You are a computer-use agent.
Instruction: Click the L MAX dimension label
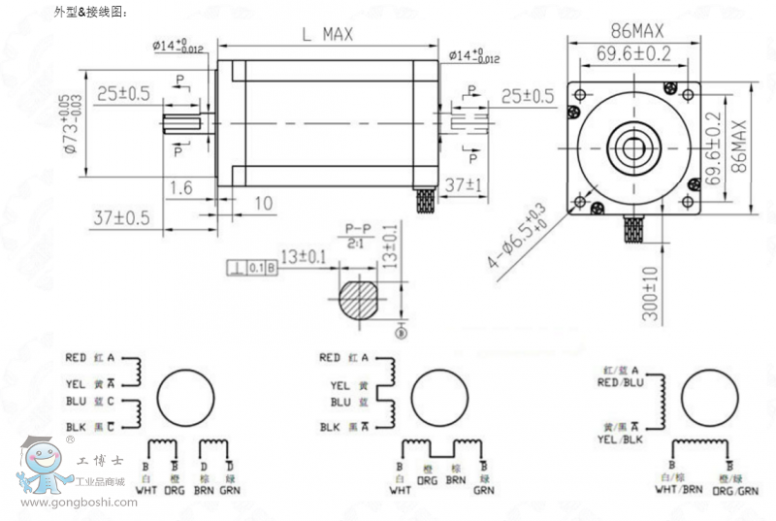[326, 34]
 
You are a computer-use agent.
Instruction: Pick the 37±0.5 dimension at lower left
[122, 217]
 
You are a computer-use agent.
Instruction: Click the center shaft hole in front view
[636, 149]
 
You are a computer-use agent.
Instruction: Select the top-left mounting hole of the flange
[580, 96]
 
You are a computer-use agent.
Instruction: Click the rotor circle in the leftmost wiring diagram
[184, 399]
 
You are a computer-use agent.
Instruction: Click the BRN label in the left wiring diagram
[204, 490]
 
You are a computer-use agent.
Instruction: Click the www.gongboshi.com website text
[78, 503]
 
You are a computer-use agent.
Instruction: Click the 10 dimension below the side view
[262, 202]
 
